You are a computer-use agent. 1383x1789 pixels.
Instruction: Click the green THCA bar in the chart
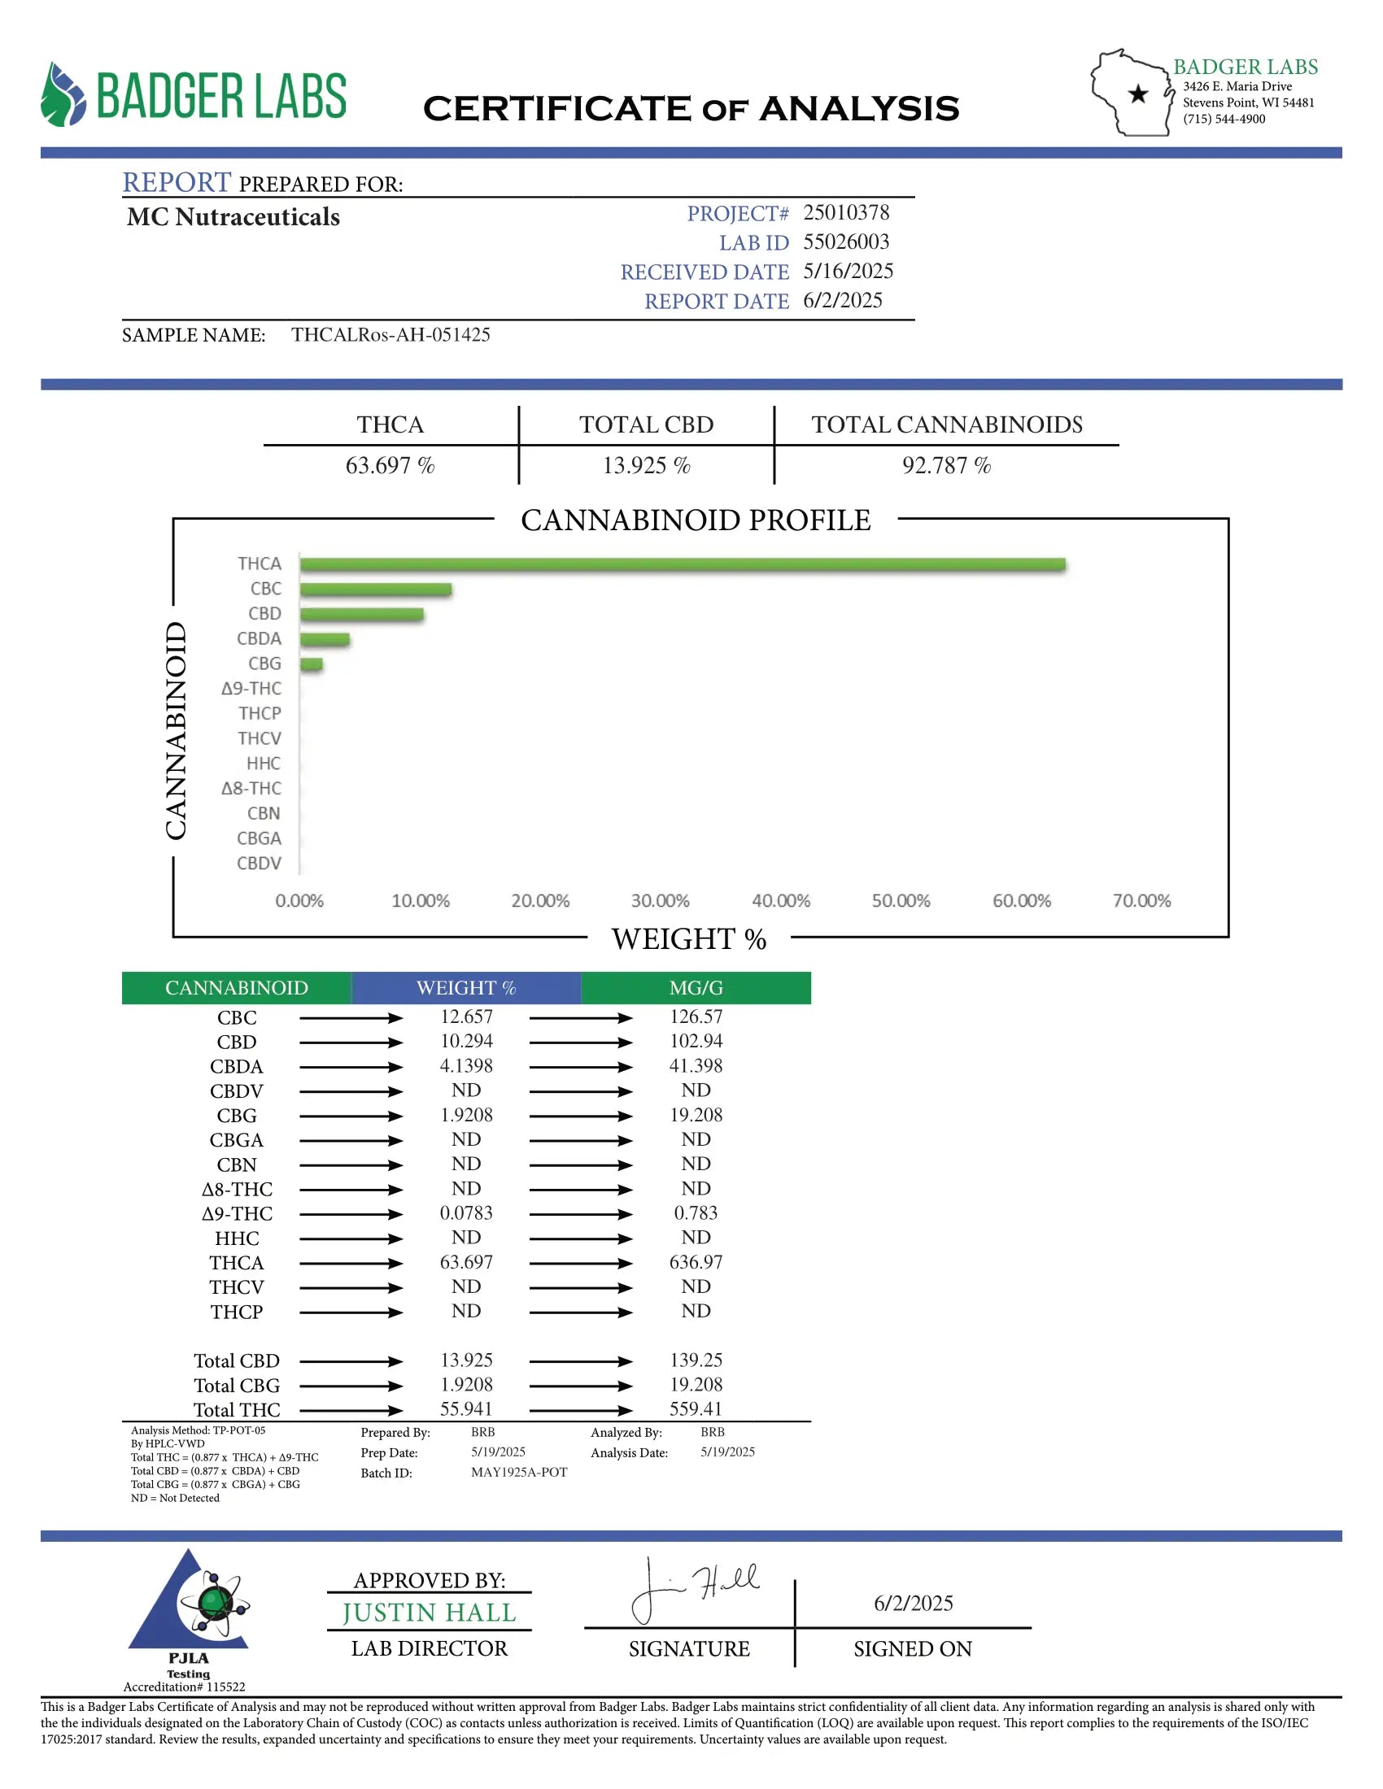pyautogui.click(x=682, y=564)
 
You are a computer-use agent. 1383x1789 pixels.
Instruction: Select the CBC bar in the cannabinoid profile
pyautogui.click(x=375, y=590)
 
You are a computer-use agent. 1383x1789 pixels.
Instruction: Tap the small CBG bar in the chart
pyautogui.click(x=312, y=664)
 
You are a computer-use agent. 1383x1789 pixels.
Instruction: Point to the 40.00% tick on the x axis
pyautogui.click(x=781, y=901)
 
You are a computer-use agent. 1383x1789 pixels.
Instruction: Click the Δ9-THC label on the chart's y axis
pyautogui.click(x=251, y=689)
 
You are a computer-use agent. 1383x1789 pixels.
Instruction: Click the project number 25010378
pyautogui.click(x=845, y=213)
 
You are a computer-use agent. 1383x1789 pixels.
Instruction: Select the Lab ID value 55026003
pyautogui.click(x=845, y=242)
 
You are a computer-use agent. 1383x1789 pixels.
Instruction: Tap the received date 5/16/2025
pyautogui.click(x=847, y=271)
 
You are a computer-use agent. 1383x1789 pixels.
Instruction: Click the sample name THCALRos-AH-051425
pyautogui.click(x=390, y=335)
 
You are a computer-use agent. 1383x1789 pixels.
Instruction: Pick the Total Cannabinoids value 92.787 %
pyautogui.click(x=946, y=466)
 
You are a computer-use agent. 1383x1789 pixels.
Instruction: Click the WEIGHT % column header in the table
pyautogui.click(x=466, y=988)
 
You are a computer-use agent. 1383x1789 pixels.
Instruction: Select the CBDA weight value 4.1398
pyautogui.click(x=466, y=1066)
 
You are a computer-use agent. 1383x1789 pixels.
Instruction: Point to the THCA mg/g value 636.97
pyautogui.click(x=696, y=1262)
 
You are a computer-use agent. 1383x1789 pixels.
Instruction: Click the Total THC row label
pyautogui.click(x=237, y=1410)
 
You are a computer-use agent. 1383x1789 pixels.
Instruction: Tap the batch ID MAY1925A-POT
pyautogui.click(x=519, y=1472)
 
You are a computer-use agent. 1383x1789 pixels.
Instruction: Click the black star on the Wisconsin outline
pyautogui.click(x=1137, y=94)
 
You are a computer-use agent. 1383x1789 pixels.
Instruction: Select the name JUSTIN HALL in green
pyautogui.click(x=430, y=1612)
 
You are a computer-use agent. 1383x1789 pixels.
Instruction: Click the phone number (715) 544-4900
pyautogui.click(x=1224, y=120)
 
